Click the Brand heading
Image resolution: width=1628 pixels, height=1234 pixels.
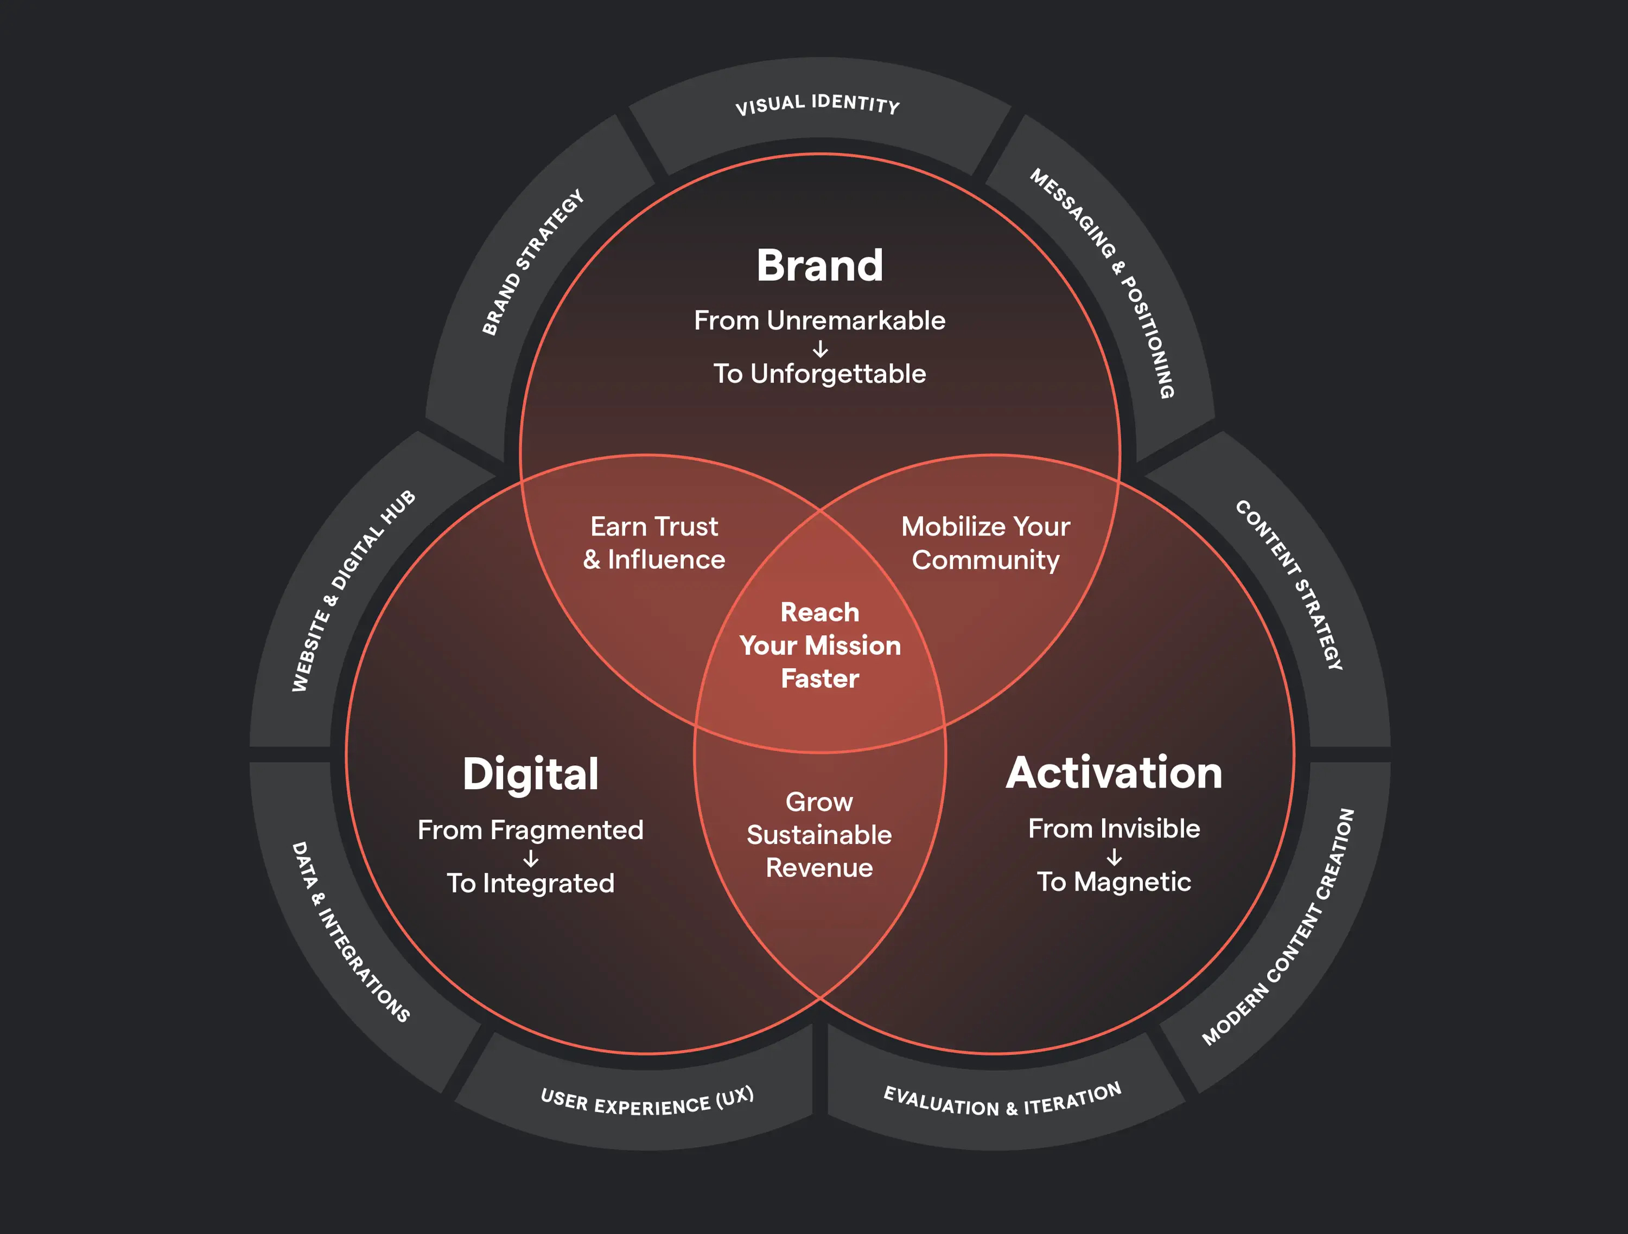coord(819,266)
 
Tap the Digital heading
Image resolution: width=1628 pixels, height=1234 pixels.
coord(531,774)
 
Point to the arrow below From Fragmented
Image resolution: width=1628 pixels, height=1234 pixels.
coord(531,858)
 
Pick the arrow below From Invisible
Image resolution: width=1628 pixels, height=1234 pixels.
coord(1114,856)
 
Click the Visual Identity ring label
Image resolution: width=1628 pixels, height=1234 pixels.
coord(817,104)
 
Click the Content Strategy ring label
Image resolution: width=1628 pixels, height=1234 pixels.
coord(1289,584)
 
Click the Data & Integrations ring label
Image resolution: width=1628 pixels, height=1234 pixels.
coord(351,932)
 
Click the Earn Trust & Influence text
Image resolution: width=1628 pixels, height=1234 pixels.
coord(653,543)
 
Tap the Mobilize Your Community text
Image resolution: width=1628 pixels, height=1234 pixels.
coord(985,543)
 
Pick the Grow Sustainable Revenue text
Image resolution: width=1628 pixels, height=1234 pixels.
coord(819,834)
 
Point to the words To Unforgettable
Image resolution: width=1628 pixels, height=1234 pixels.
coord(819,374)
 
